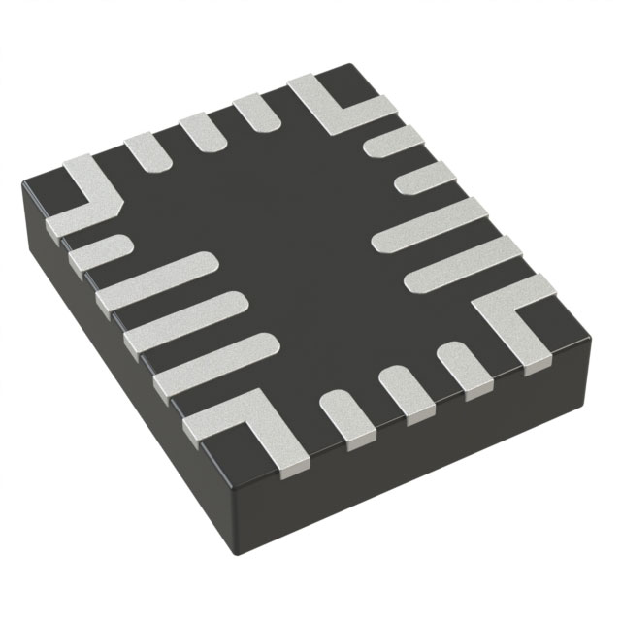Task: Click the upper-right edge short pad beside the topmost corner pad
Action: point(392,142)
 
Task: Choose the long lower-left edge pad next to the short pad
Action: point(155,280)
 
